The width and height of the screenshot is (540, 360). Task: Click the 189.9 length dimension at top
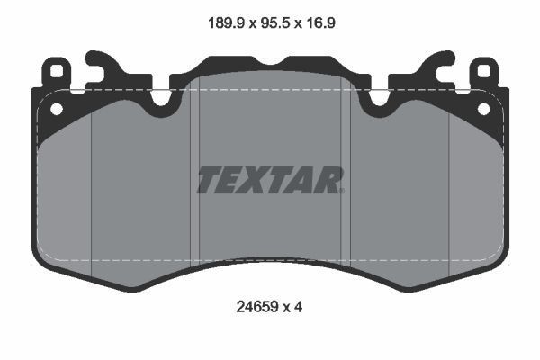(x=226, y=23)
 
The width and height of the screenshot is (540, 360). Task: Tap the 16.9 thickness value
(x=319, y=23)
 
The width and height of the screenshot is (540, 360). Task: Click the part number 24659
(x=257, y=307)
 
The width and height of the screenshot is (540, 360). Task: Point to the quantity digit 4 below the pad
(x=299, y=307)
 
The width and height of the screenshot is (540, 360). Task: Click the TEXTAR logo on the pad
(x=270, y=179)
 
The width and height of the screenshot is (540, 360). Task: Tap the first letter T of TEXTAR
(x=211, y=179)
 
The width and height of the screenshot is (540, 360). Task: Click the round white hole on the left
(x=57, y=109)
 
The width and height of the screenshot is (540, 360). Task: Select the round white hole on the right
(x=484, y=109)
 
